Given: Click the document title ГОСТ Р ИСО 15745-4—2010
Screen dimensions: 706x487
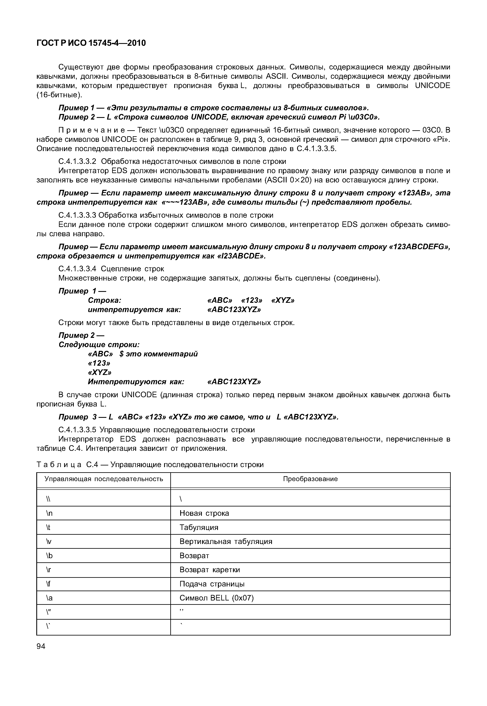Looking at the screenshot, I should coord(91,43).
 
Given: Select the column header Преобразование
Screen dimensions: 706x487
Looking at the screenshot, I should coord(310,479).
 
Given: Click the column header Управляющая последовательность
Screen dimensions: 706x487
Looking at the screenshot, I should coord(104,479).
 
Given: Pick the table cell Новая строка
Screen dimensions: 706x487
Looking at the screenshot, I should coord(204,513).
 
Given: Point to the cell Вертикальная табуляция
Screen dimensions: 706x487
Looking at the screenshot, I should coord(226,542).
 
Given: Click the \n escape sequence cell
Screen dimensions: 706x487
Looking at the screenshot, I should coord(49,513).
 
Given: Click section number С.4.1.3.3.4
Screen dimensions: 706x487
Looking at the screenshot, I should coord(77,269).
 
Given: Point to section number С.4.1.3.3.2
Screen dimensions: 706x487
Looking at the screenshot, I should coord(77,161).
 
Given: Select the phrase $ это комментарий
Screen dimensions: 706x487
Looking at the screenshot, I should coord(159,354).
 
